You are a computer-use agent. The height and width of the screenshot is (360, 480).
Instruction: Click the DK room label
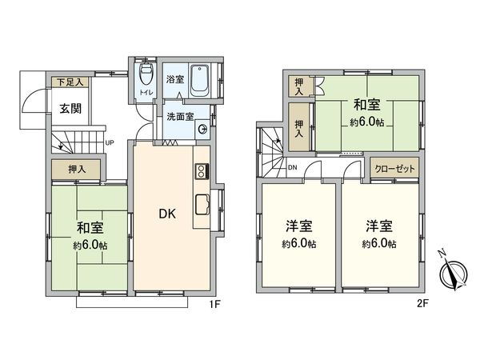pos(167,214)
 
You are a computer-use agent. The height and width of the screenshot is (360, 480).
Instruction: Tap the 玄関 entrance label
pos(68,108)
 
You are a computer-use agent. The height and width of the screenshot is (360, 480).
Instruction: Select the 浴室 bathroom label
pos(175,80)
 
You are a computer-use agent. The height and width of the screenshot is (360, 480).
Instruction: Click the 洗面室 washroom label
pos(178,118)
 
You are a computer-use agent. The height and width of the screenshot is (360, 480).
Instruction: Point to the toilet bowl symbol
pos(146,76)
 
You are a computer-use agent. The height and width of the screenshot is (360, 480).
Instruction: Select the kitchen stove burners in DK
pos(200,170)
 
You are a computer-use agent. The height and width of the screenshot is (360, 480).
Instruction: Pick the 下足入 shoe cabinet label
pos(68,81)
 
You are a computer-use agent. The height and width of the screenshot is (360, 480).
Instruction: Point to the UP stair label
pos(109,144)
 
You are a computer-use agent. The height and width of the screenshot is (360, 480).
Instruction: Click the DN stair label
pos(292,167)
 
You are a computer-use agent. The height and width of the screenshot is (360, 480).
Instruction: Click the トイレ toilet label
pos(145,93)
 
